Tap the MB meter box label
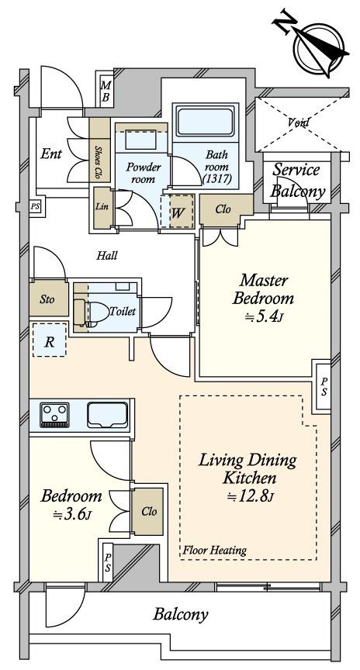106,92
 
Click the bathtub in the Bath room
206,121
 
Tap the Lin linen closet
102,208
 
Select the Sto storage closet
49,299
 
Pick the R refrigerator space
50,340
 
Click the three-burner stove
54,414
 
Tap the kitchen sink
108,414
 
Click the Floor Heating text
215,550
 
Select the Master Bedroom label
263,289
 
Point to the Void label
299,123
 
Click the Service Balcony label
298,181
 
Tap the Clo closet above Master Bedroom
223,211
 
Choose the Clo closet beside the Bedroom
147,512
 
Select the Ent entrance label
51,154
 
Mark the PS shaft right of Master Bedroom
324,386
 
